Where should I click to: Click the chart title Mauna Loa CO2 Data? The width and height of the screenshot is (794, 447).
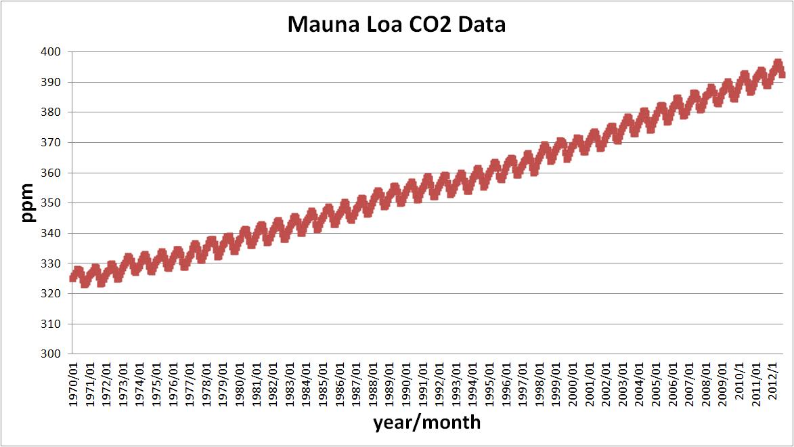coord(397,25)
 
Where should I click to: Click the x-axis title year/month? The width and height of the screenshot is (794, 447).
coord(426,423)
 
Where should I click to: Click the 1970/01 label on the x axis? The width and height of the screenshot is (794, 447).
coord(74,383)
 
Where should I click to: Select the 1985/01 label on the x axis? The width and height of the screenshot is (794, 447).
coord(324,383)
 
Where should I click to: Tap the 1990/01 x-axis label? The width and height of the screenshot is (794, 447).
coord(407,383)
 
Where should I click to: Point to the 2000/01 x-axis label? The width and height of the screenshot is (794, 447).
coord(573,383)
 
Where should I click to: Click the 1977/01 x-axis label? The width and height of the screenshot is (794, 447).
coord(190,383)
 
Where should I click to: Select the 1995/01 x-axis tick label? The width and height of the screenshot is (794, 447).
coord(490,383)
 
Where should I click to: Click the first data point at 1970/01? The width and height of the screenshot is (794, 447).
coord(73,277)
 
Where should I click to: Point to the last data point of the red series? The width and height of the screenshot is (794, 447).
coord(782,74)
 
